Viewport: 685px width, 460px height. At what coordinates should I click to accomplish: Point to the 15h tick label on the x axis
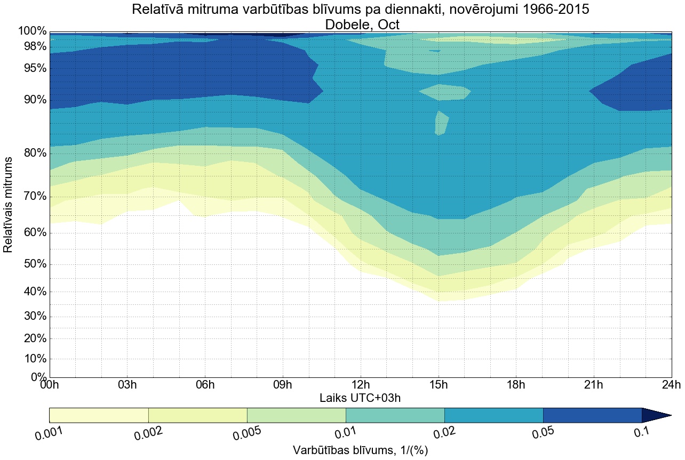pos(439,385)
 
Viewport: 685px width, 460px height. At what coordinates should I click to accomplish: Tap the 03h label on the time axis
pos(127,385)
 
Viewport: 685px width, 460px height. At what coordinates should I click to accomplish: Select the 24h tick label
pos(671,385)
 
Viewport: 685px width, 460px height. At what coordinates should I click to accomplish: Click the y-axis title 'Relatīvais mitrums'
pos(9,205)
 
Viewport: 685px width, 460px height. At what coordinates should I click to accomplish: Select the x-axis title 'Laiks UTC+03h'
pos(360,398)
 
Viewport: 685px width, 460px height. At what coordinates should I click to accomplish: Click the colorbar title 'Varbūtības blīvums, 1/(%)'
pos(360,450)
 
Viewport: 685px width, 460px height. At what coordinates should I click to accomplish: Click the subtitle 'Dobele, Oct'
pos(360,24)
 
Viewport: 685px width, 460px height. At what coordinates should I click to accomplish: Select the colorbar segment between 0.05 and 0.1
pos(592,415)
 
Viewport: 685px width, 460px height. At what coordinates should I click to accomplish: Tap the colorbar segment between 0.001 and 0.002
pos(99,415)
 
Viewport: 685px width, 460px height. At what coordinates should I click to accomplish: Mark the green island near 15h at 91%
pos(444,92)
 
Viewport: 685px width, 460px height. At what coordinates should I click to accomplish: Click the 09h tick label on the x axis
pos(283,385)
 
